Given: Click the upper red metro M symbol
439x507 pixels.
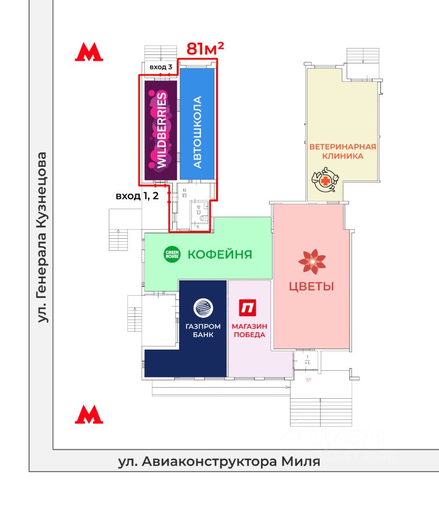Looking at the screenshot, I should [89, 52].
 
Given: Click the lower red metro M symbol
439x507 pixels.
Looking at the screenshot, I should [89, 415].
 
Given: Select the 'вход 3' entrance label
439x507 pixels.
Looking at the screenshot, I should [161, 68].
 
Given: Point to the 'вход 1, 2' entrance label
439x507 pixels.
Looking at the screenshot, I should [137, 195].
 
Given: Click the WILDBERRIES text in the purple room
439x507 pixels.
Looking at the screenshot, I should [162, 129].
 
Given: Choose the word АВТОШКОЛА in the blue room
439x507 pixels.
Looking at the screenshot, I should [198, 132].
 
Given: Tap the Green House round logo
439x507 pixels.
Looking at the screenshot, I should [172, 255].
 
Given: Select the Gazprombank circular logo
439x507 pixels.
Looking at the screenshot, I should [203, 307].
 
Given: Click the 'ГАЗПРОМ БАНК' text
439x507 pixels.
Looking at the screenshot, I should [203, 330].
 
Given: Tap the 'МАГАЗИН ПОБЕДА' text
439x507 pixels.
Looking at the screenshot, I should [248, 330].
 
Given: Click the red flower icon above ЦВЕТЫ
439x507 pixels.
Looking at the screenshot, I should [312, 261].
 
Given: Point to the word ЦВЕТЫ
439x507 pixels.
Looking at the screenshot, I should [311, 287].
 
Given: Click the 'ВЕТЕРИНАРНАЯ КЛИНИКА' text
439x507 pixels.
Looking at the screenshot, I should [343, 152].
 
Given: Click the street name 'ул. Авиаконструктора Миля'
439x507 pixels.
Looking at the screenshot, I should [219, 462].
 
